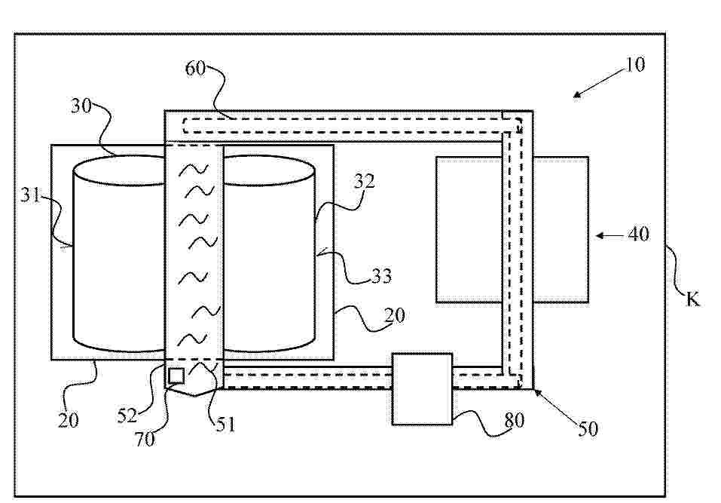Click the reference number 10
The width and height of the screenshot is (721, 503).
635,64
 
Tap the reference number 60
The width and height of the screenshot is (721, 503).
195,68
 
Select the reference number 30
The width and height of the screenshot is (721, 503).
81,106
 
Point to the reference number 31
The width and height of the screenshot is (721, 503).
30,195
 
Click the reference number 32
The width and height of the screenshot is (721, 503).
364,181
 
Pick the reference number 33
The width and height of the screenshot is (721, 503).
382,276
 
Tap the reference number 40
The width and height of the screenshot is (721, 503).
639,235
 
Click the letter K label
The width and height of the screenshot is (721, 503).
692,299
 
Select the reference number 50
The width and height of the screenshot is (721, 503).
588,429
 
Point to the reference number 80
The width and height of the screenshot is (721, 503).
514,420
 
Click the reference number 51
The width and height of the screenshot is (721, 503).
225,425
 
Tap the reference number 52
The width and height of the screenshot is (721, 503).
127,416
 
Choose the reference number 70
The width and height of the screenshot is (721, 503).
145,440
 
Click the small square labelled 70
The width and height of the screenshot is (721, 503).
176,376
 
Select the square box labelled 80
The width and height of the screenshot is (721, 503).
422,389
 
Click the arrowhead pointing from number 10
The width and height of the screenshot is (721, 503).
576,94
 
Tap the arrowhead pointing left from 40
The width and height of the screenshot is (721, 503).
600,235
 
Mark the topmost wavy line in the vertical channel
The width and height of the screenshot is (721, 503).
193,170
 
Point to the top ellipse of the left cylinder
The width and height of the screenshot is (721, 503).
120,170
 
